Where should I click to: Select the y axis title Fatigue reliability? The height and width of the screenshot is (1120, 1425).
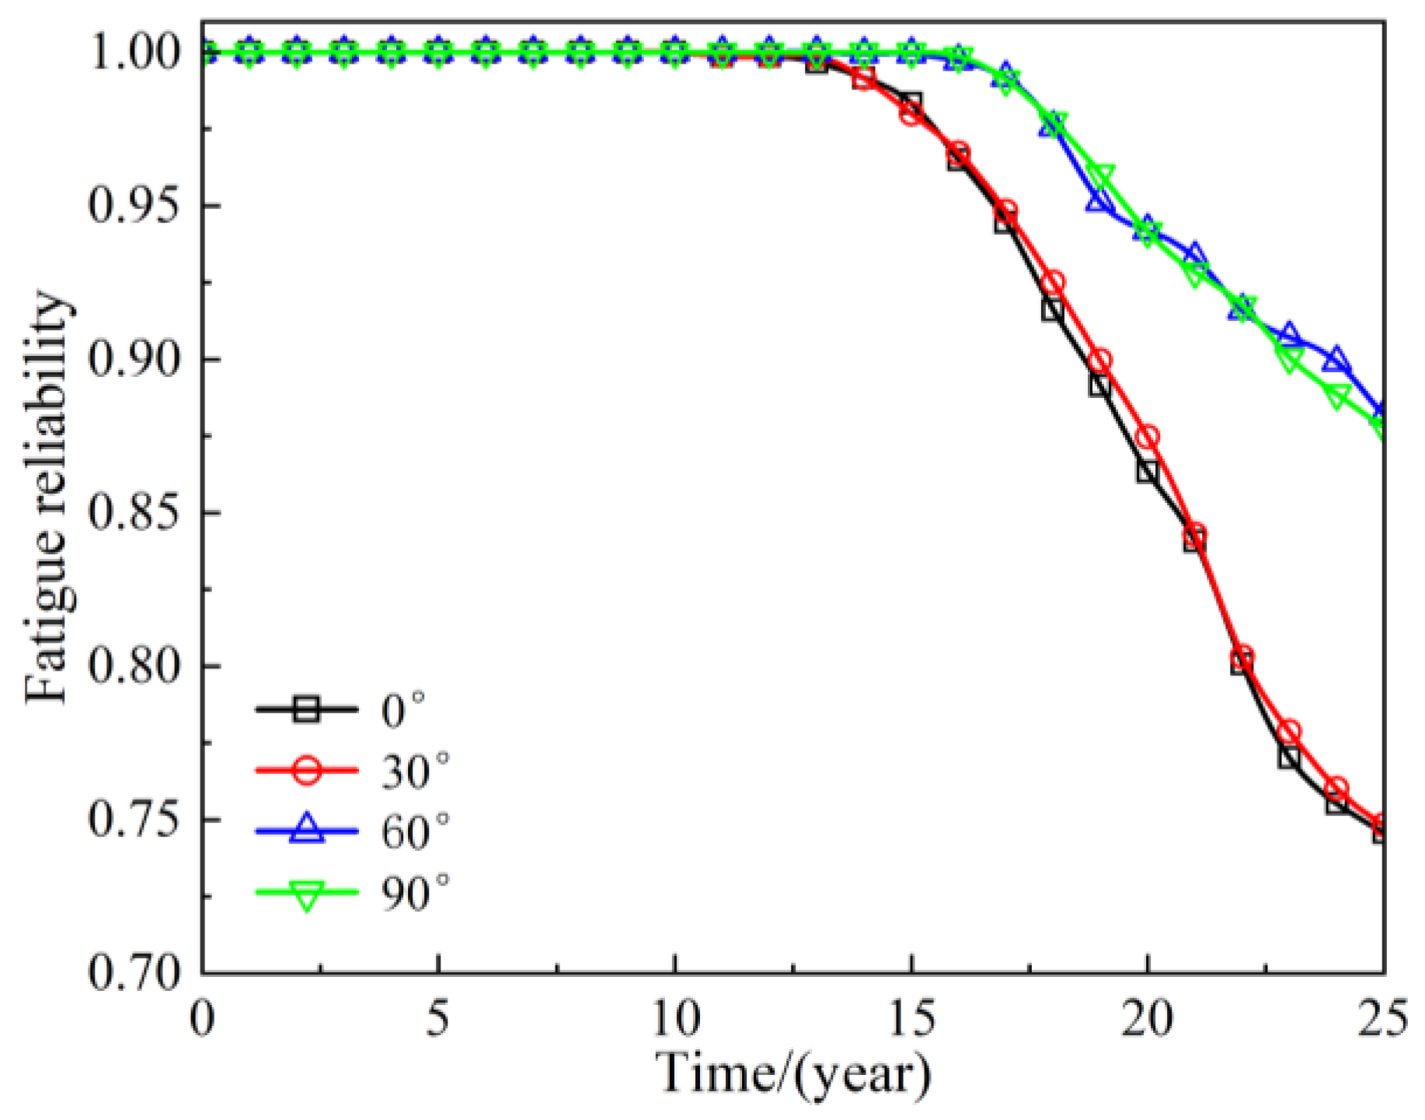(48, 497)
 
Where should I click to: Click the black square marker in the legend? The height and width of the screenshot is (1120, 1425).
(307, 710)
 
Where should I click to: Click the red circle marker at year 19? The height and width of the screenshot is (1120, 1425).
(1100, 361)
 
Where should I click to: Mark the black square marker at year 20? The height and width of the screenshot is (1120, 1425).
(1147, 472)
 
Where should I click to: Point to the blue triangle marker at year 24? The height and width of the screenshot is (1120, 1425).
(1336, 361)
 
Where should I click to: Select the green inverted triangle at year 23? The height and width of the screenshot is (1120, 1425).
(1289, 359)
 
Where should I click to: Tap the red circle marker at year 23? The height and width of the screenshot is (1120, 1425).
(1289, 732)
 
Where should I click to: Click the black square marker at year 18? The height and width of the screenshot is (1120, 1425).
(1053, 310)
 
